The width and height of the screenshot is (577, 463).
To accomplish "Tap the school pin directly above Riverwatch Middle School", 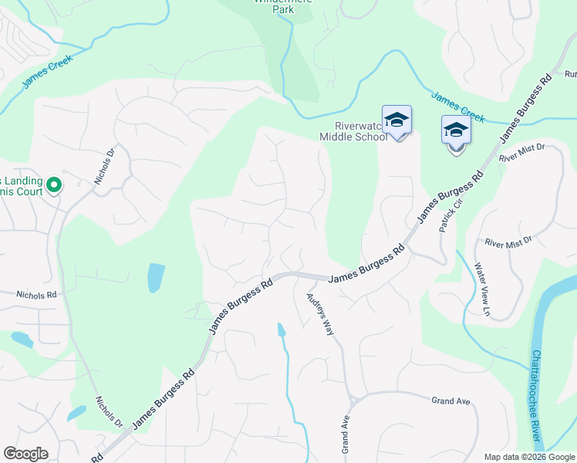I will coord(396,121).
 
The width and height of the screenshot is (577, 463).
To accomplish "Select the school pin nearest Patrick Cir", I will coord(456,132).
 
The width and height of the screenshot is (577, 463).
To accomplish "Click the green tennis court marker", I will coord(54,184).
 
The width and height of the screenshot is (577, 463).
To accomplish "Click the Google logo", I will coord(25,454).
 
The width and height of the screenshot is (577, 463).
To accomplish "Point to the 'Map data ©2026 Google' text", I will coord(528,457).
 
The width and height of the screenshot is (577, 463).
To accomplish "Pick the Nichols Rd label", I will coord(36,295).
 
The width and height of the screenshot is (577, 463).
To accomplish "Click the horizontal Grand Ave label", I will coord(450,401).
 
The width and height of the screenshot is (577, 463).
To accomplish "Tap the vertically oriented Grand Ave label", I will coord(346,435).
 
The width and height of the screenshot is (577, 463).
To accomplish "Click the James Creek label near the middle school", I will coord(457,108).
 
